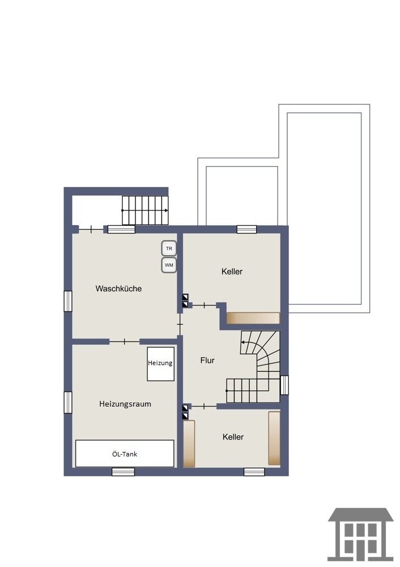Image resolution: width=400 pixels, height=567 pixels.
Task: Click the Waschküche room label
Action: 118,289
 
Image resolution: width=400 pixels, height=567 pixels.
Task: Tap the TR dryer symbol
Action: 169,248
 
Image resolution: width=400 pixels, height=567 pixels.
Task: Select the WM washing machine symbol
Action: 169,265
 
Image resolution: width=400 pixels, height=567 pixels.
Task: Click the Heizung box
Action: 160,364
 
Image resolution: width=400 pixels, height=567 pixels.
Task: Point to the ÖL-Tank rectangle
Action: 125,454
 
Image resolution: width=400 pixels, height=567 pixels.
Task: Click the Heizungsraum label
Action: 125,404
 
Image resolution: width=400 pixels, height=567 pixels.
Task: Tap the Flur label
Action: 207,360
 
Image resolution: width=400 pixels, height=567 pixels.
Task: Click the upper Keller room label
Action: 232,272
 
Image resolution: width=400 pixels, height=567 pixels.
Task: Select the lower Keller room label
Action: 233,437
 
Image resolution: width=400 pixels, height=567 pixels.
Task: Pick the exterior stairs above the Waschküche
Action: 145,210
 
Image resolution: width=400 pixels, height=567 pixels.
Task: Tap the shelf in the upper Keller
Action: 253,318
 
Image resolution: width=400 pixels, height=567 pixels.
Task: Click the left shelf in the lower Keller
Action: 189,443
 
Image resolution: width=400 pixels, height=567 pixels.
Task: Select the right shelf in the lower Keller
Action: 274,438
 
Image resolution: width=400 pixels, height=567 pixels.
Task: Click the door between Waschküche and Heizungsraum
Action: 124,341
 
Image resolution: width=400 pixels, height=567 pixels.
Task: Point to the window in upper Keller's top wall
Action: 247,229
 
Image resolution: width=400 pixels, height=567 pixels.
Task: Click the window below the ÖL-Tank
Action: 123,472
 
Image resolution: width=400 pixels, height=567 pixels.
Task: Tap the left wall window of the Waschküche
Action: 68,301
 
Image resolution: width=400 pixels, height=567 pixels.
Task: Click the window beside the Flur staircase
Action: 285,385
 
